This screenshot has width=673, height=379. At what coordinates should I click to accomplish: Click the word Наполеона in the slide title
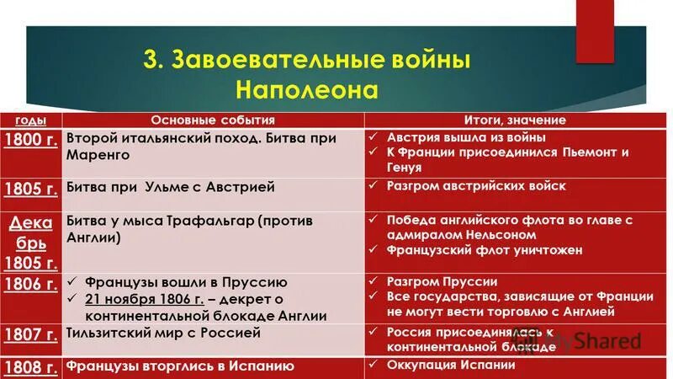[307, 88]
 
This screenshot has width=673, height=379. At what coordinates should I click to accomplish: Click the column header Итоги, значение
[515, 120]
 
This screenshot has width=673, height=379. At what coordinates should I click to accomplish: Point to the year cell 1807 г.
[30, 334]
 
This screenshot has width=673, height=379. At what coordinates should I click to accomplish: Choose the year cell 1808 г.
[30, 366]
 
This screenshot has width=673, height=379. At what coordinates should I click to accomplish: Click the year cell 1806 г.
[30, 284]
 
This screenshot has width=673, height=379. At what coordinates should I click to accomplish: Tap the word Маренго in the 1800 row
[98, 155]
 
